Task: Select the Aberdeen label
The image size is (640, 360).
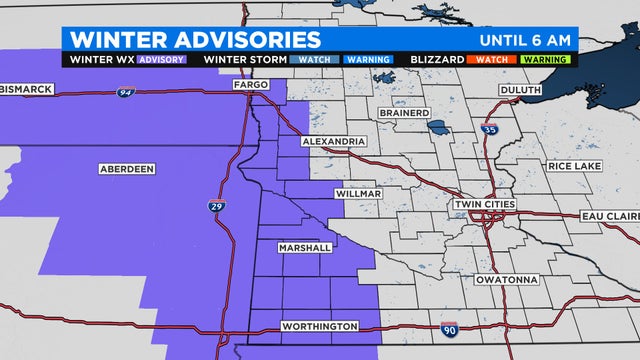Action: (127, 169)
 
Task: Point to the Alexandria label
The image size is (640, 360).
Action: (335, 142)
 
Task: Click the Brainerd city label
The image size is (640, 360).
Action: (405, 113)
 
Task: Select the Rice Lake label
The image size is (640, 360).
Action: (572, 165)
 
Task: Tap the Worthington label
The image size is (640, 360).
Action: (320, 326)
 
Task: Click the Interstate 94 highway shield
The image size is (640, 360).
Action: (125, 92)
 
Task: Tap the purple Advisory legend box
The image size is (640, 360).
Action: (161, 59)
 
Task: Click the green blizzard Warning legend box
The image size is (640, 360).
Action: (546, 59)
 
